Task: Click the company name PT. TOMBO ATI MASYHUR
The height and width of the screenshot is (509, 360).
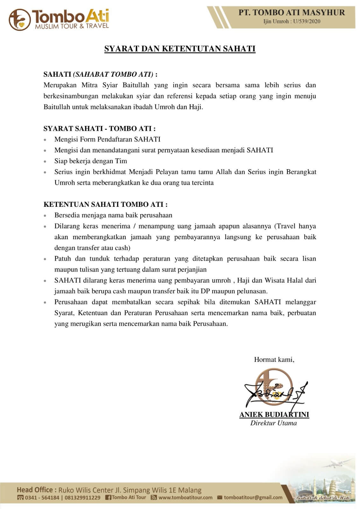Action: pyautogui.click(x=292, y=12)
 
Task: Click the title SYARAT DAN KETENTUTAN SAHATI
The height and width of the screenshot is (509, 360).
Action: pyautogui.click(x=180, y=49)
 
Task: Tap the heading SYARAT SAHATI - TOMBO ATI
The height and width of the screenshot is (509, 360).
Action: pyautogui.click(x=99, y=129)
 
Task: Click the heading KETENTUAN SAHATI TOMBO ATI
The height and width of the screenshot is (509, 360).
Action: pyautogui.click(x=105, y=204)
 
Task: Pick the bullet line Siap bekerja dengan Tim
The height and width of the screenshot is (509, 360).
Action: pyautogui.click(x=91, y=161)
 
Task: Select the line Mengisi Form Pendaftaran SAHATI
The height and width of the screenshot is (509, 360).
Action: pyautogui.click(x=107, y=139)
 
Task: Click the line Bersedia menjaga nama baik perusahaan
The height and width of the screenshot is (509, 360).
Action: pyautogui.click(x=113, y=215)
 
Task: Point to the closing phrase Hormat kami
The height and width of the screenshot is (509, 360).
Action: pyautogui.click(x=274, y=359)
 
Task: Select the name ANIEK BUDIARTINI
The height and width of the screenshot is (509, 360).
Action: pyautogui.click(x=274, y=415)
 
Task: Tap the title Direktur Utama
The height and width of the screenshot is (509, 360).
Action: pyautogui.click(x=273, y=423)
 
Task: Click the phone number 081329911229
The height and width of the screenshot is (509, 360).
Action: pyautogui.click(x=82, y=498)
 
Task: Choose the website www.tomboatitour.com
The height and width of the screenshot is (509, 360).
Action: pyautogui.click(x=185, y=498)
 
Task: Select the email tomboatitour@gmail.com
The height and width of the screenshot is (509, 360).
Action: pyautogui.click(x=253, y=498)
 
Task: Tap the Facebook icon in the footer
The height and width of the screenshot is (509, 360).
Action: pyautogui.click(x=108, y=498)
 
